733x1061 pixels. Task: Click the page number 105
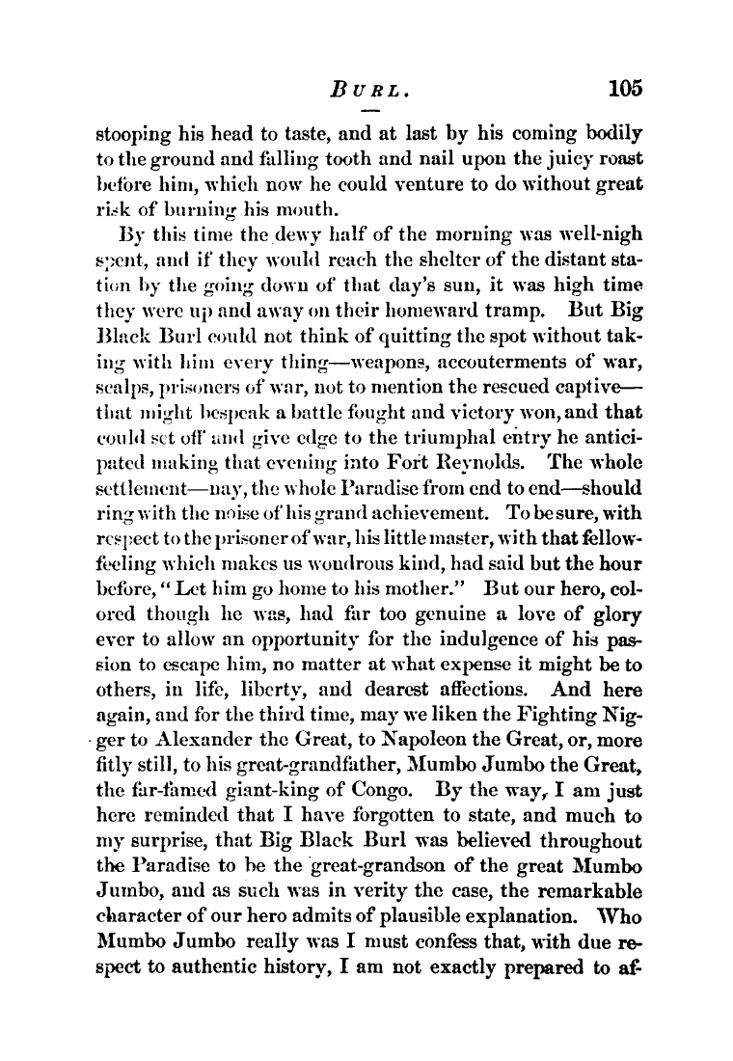(624, 89)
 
